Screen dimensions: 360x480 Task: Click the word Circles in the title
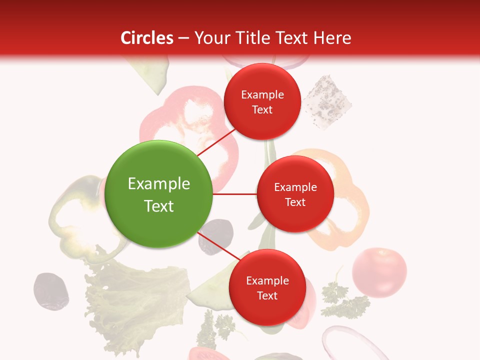tap(147, 38)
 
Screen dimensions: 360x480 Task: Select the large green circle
tap(159, 194)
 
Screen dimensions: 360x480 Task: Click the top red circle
tap(262, 101)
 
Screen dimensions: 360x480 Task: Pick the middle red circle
tap(295, 194)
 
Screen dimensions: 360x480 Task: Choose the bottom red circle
tap(267, 287)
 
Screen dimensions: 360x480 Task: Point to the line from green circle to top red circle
tap(216, 143)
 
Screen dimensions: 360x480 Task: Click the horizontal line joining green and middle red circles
tap(234, 194)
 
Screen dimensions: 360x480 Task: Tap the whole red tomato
tap(379, 272)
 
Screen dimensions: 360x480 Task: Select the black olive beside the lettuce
tap(50, 291)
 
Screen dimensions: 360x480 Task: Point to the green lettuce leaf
tap(135, 300)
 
